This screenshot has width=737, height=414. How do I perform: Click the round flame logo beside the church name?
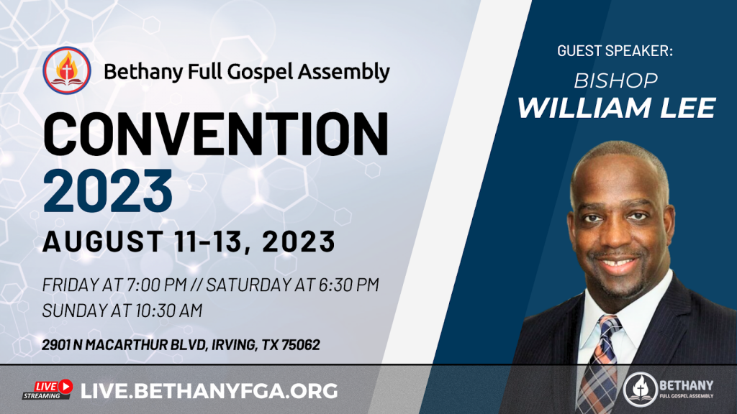(x=67, y=71)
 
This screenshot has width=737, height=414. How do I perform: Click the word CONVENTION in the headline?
(x=216, y=134)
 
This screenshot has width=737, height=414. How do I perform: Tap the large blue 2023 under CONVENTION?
(x=108, y=191)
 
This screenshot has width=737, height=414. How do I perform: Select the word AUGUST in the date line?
(x=103, y=241)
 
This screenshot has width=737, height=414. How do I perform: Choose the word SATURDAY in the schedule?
(x=248, y=285)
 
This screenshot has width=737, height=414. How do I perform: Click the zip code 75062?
(x=300, y=345)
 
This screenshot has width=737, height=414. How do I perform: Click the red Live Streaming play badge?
(x=48, y=390)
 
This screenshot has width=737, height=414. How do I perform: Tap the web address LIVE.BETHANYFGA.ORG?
(x=209, y=391)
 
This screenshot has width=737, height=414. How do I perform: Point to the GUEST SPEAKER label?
(x=615, y=51)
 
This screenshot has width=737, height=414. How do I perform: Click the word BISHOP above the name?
(x=616, y=80)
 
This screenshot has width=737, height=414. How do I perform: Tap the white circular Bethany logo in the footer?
(x=640, y=389)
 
